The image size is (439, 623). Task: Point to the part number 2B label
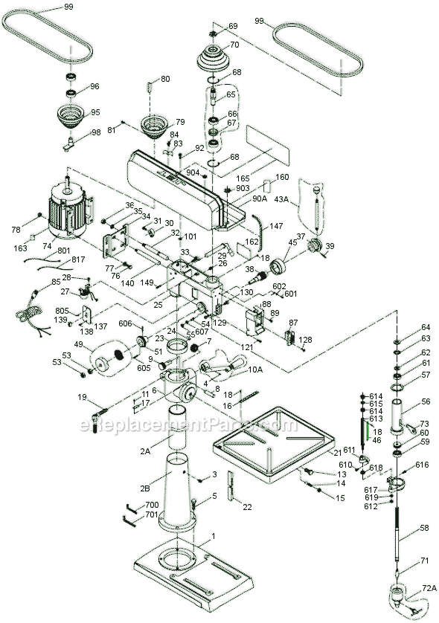pos(147,488)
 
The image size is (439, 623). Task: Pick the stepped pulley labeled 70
pos(214,59)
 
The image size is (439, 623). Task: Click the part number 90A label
pos(239,198)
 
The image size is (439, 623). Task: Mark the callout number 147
pos(276,225)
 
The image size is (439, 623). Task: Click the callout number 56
pos(426,401)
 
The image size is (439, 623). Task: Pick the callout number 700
pos(151,506)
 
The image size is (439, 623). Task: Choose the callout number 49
pos(79,345)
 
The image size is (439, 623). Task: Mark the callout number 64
pos(426,327)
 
